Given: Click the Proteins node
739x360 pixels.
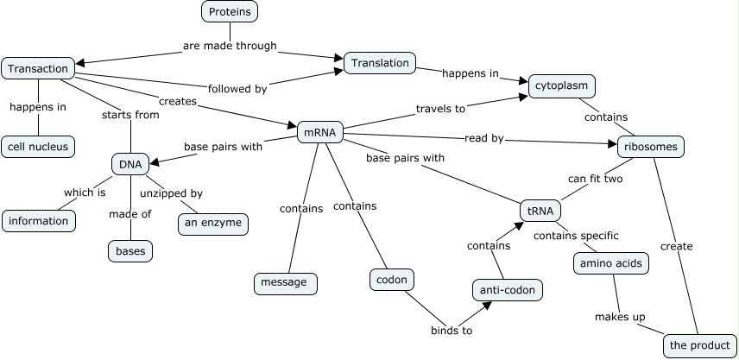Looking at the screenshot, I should (x=231, y=11).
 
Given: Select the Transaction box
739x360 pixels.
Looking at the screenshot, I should (x=38, y=68).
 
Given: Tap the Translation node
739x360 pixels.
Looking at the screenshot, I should (x=380, y=63).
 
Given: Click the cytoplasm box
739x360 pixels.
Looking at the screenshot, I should (x=562, y=85).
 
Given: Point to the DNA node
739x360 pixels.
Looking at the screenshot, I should (x=130, y=163).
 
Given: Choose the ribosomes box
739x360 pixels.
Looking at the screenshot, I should (x=651, y=147).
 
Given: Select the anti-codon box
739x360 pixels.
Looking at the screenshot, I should (x=508, y=290).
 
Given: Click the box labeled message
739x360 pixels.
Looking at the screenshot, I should (x=286, y=282).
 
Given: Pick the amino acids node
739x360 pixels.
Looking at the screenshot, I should (x=611, y=263).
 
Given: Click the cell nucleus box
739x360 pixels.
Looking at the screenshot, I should (x=38, y=147).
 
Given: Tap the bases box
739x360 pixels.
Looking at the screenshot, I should (x=131, y=251).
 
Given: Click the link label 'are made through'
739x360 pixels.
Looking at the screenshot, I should (x=230, y=46).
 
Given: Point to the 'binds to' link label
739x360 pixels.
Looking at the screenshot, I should (x=452, y=330).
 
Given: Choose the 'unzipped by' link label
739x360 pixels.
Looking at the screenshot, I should (x=171, y=193).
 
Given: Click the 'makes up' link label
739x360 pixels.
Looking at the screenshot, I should (x=620, y=317).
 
